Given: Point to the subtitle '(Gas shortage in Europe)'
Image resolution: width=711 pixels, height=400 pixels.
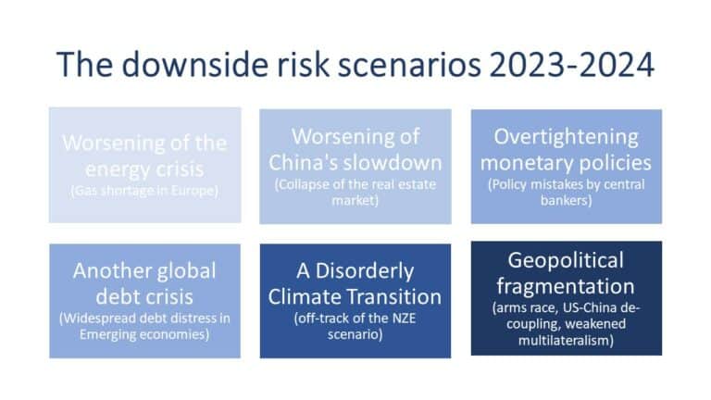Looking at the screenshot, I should click(143, 192).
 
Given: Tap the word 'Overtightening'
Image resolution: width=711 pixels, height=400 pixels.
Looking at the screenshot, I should click(566, 137).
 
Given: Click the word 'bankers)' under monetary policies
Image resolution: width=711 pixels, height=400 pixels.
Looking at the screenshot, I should click(566, 201).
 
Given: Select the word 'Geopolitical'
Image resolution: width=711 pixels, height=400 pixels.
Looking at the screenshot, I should click(566, 260).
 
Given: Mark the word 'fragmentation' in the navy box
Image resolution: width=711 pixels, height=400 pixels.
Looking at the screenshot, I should click(566, 285).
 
